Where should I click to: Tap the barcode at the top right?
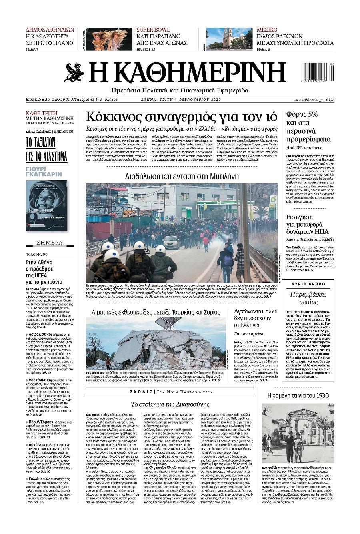click(318, 72)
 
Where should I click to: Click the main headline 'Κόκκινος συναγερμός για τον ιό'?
click(182, 117)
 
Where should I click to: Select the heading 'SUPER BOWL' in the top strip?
click(153, 30)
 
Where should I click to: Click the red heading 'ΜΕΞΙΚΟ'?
click(267, 30)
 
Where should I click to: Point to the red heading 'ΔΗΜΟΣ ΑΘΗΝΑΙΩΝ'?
click(50, 30)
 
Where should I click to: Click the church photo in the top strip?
click(229, 38)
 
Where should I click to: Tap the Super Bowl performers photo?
click(109, 39)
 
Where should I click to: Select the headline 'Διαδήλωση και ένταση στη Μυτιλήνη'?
click(182, 176)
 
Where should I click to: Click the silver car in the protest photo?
click(171, 241)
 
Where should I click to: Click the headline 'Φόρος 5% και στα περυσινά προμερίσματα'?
click(308, 127)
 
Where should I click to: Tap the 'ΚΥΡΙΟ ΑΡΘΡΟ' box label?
click(308, 284)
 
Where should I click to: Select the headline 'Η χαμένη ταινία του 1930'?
click(298, 395)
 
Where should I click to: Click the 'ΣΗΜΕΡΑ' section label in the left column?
click(50, 243)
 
